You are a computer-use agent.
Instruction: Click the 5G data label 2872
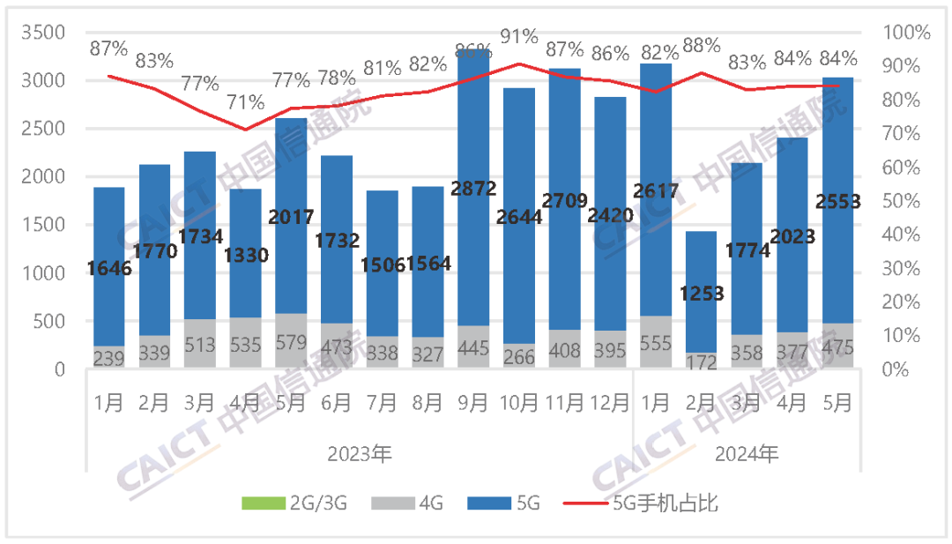pos(473,188)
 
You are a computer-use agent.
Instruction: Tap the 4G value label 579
pos(291,345)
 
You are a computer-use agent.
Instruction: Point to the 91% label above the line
pos(519,36)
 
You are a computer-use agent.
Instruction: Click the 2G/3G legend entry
pos(294,503)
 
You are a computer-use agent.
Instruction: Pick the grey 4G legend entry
pos(407,503)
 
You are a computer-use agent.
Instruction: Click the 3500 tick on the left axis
pos(43,33)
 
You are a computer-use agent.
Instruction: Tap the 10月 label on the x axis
pos(519,403)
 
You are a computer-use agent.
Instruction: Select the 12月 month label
pos(611,403)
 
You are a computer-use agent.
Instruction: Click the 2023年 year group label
pos(360,455)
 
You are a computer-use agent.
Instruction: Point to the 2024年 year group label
pos(747,455)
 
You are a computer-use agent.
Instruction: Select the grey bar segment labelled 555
pos(656,341)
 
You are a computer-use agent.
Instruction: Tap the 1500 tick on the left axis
pos(43,225)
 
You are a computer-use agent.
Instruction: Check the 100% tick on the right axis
pos(911,33)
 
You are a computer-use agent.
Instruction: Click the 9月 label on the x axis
pos(473,403)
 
